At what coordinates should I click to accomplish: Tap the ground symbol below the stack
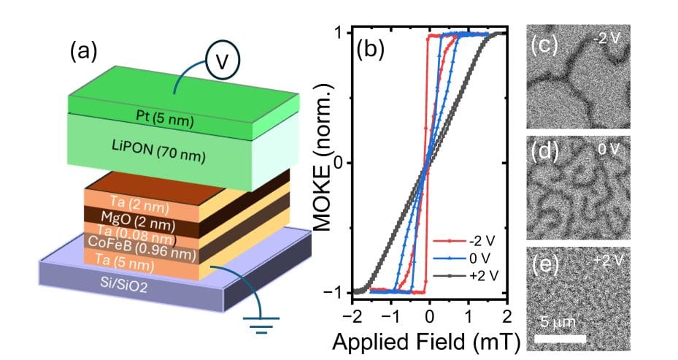click(x=256, y=324)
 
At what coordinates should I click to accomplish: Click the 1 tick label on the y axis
click(x=338, y=33)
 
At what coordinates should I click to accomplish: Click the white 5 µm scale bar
click(x=560, y=338)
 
